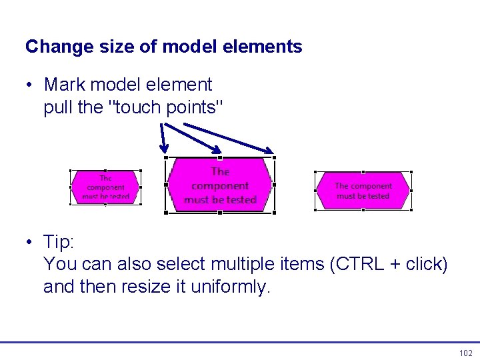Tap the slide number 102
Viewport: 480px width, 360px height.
coord(465,353)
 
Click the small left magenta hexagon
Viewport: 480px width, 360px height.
coord(105,187)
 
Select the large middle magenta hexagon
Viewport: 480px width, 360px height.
coord(220,185)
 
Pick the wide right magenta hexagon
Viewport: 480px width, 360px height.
coord(363,191)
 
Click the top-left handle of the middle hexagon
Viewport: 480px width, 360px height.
coord(166,158)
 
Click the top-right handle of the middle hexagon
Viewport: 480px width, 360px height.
coord(274,158)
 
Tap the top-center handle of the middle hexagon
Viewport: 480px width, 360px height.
coord(220,158)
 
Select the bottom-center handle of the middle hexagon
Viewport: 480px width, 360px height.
coord(220,213)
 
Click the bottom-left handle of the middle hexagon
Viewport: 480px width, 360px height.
coord(166,213)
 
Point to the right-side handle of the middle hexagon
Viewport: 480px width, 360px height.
coord(274,185)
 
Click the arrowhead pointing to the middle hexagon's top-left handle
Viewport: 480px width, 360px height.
coord(165,151)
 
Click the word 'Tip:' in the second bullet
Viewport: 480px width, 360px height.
coord(58,241)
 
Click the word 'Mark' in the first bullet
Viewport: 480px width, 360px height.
coord(64,85)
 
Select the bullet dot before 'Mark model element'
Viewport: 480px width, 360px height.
coord(31,85)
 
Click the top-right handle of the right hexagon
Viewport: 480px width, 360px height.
coord(411,172)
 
